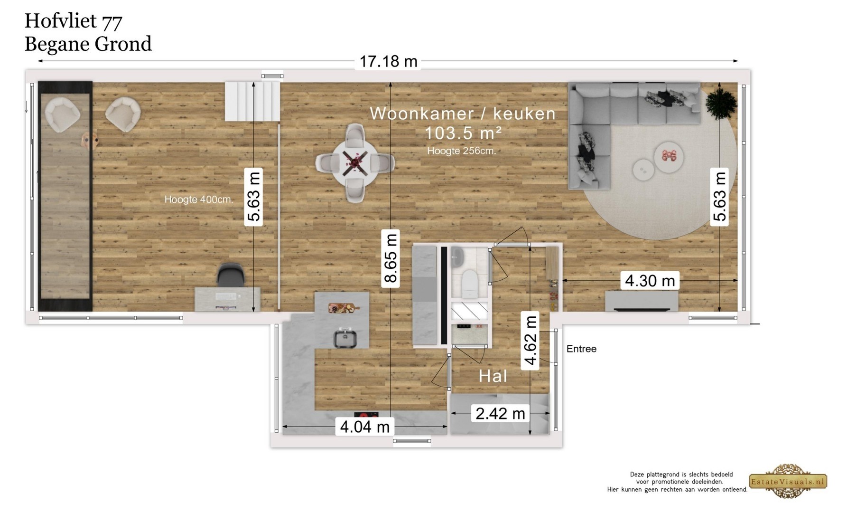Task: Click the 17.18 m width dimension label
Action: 388,61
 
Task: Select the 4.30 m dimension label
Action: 650,280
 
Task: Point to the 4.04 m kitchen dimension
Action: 365,427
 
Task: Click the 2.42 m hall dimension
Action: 500,413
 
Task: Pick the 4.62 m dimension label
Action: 530,340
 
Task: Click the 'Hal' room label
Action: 493,376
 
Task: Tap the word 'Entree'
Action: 581,349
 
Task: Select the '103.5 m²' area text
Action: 463,133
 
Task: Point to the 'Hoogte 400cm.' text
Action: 199,199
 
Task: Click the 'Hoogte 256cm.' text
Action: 461,151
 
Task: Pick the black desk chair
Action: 231,275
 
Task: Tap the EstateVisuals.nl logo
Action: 788,481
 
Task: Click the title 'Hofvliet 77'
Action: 74,21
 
